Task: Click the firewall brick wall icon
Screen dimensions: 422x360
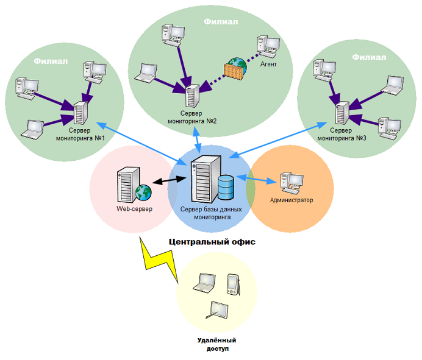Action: (x=234, y=72)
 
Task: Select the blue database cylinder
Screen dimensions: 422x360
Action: (x=226, y=188)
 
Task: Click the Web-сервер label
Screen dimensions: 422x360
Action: (x=134, y=209)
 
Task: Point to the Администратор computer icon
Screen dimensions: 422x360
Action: (x=291, y=183)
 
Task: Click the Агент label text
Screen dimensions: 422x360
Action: (x=268, y=64)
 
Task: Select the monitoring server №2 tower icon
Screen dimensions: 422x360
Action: (x=193, y=96)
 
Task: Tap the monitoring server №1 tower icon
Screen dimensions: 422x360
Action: (x=80, y=113)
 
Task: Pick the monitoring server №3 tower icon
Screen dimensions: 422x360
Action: (x=342, y=113)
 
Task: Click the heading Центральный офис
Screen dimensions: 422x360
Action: (x=212, y=242)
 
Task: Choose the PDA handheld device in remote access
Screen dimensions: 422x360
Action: (x=234, y=284)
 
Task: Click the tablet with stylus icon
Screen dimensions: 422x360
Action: (x=217, y=310)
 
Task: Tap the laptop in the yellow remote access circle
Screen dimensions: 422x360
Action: (x=204, y=283)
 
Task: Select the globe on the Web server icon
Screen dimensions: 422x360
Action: (x=143, y=192)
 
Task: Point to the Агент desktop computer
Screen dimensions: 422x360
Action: (x=268, y=46)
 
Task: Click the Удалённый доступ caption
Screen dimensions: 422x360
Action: (x=217, y=344)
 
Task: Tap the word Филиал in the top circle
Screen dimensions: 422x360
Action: (x=221, y=21)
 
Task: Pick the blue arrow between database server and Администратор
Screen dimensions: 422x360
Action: (x=257, y=179)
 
